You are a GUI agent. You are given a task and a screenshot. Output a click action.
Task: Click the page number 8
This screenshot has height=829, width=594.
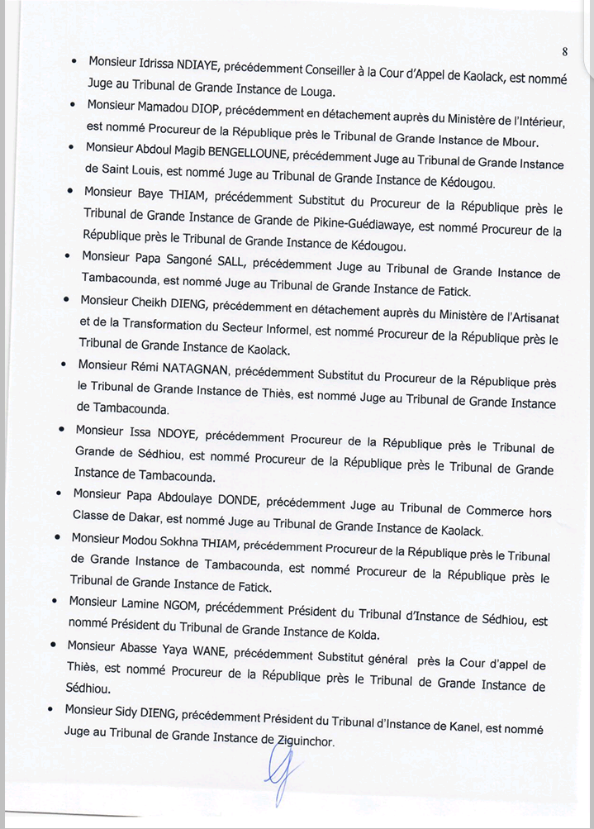point(564,51)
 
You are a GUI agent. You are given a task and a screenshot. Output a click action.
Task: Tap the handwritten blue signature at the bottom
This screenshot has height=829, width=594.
point(278,777)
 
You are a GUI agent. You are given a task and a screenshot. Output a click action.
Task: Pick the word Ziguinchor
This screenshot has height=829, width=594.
point(303,741)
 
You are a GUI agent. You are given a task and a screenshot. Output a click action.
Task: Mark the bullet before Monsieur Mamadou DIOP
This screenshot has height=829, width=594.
point(74,105)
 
